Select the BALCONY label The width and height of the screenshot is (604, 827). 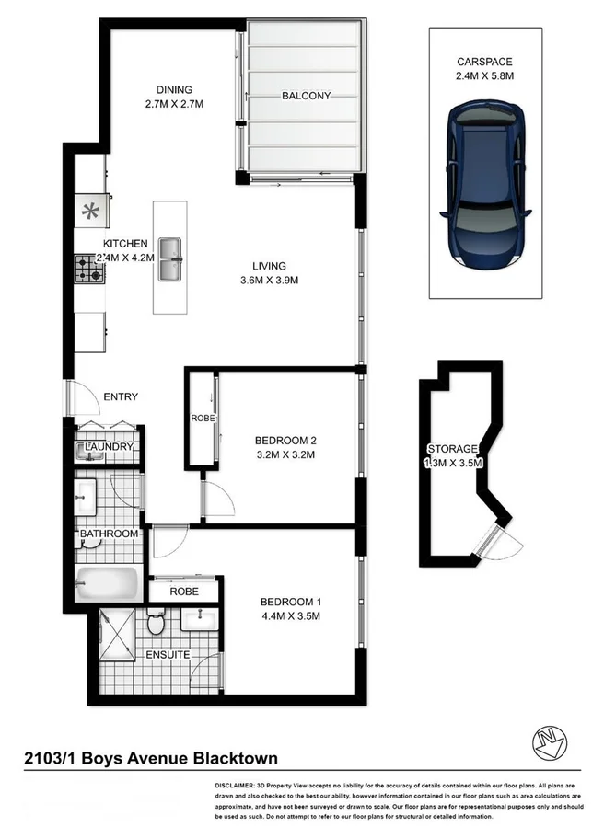(x=306, y=96)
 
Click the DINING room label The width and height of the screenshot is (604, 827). (x=174, y=89)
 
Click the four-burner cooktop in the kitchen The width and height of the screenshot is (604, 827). (x=89, y=269)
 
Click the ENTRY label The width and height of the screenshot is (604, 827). (x=121, y=397)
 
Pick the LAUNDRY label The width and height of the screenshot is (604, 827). (x=109, y=447)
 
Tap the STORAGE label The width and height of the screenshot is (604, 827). (x=452, y=448)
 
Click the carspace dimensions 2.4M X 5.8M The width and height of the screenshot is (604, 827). (x=484, y=76)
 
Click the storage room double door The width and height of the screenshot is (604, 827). (x=496, y=545)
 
